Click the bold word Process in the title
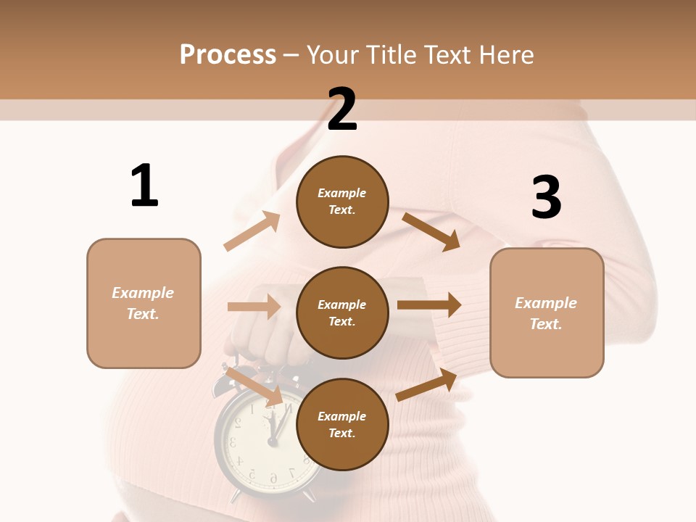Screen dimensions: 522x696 (x=228, y=54)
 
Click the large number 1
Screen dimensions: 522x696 (x=144, y=186)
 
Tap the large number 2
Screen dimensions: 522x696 (x=342, y=109)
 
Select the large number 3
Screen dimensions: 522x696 (x=546, y=197)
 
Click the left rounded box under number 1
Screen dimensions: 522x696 (x=144, y=303)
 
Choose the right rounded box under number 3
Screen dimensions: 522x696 (x=547, y=312)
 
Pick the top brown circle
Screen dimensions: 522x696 (x=342, y=202)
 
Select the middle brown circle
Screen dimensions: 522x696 (x=342, y=312)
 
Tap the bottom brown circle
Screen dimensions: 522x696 (x=342, y=424)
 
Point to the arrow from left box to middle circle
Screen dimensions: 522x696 (x=254, y=307)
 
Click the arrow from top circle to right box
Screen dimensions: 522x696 (x=431, y=231)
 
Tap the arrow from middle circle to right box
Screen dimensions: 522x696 (x=428, y=305)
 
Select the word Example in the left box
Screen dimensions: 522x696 (x=143, y=293)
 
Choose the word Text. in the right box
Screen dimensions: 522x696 (x=546, y=324)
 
